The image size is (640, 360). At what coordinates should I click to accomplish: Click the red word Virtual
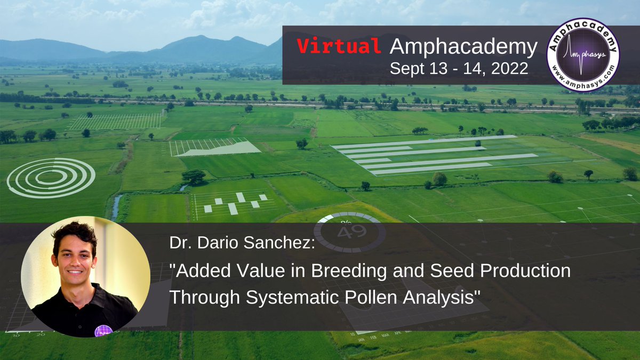[339, 47]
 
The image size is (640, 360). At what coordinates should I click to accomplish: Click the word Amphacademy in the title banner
[463, 47]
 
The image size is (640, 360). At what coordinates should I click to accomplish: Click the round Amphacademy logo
[583, 54]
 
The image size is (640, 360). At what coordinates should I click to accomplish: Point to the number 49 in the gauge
[350, 232]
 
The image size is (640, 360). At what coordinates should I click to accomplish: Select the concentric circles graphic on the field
[51, 178]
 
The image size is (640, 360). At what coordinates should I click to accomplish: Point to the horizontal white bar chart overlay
[433, 155]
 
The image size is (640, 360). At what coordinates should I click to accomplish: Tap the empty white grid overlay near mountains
[115, 121]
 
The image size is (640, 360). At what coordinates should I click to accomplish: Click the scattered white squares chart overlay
[235, 203]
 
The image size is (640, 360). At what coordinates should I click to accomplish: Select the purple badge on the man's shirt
[103, 330]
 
